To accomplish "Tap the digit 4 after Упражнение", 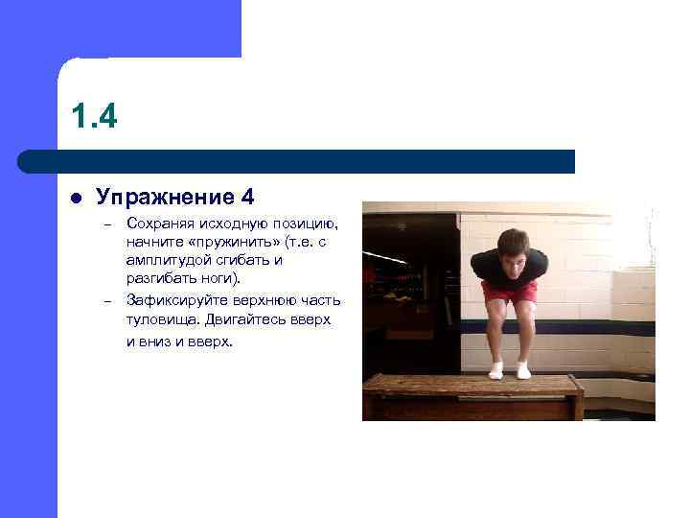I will coord(248,198).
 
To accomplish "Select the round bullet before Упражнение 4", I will coord(76,199).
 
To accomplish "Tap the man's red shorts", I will coord(510,291).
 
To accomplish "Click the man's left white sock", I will coord(523,370).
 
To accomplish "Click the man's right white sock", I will coord(495,370).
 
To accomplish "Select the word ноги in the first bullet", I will coord(225,277).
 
